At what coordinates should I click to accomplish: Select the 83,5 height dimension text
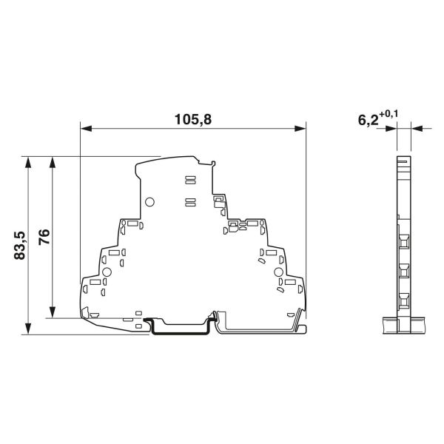(20, 245)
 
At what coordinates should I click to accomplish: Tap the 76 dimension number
(44, 238)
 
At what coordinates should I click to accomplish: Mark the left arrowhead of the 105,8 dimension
(84, 129)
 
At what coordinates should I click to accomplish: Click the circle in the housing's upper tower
(149, 202)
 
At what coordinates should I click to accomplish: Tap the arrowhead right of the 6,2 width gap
(414, 129)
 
